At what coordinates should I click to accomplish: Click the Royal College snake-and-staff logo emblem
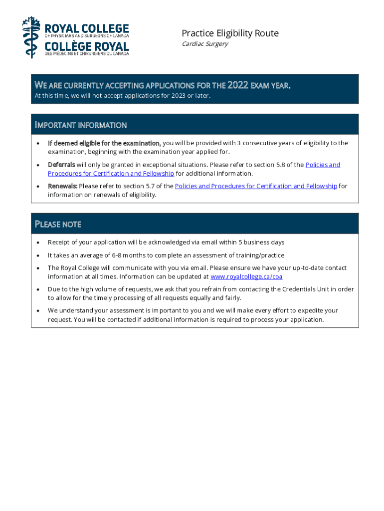[x=30, y=37]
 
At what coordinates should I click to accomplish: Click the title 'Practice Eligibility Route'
[x=230, y=33]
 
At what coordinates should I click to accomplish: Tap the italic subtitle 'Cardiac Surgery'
[x=204, y=44]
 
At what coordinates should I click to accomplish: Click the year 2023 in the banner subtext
[x=179, y=95]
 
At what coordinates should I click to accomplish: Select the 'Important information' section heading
[x=80, y=125]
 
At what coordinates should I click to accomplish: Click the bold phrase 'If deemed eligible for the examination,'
[x=104, y=143]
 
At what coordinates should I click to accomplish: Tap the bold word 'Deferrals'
[x=61, y=165]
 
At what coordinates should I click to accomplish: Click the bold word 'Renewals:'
[x=62, y=186]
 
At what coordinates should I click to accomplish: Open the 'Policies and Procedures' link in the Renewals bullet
[x=256, y=186]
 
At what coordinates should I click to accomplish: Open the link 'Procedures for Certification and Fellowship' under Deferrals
[x=111, y=174]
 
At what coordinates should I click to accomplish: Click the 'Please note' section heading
[x=58, y=224]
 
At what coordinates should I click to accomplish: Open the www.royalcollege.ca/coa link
[x=246, y=276]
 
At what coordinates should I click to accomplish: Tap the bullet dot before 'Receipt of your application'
[x=38, y=243]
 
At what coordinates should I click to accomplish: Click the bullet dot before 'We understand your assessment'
[x=38, y=310]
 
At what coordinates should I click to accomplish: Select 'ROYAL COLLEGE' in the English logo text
[x=87, y=28]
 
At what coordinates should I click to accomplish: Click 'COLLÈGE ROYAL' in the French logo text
[x=87, y=47]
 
